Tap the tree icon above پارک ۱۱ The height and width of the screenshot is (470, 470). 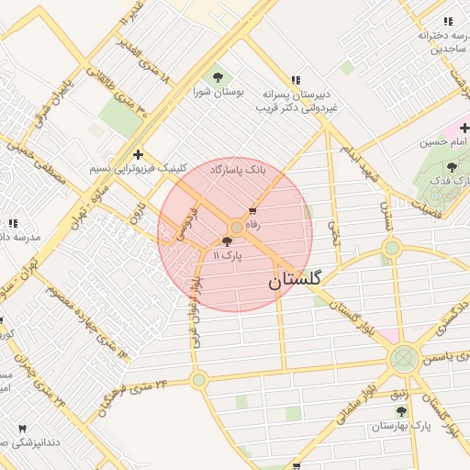pos(227,241)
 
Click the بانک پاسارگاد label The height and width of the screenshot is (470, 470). pos(237,171)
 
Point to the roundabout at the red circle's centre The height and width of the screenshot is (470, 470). pos(236,227)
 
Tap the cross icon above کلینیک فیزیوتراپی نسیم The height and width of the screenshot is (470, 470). pos(138,154)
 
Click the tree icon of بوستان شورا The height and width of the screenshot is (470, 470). pos(218,77)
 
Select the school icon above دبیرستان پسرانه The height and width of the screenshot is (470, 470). pos(295,80)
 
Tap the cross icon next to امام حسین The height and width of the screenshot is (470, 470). pos(464,128)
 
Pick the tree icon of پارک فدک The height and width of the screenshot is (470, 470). pos(452,167)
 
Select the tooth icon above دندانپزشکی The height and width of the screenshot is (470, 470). pos(22,428)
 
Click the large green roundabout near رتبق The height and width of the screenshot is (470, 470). pos(403,358)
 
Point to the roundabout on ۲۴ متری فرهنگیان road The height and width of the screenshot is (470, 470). pos(199,380)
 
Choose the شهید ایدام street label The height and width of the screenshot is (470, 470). pos(362,160)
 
